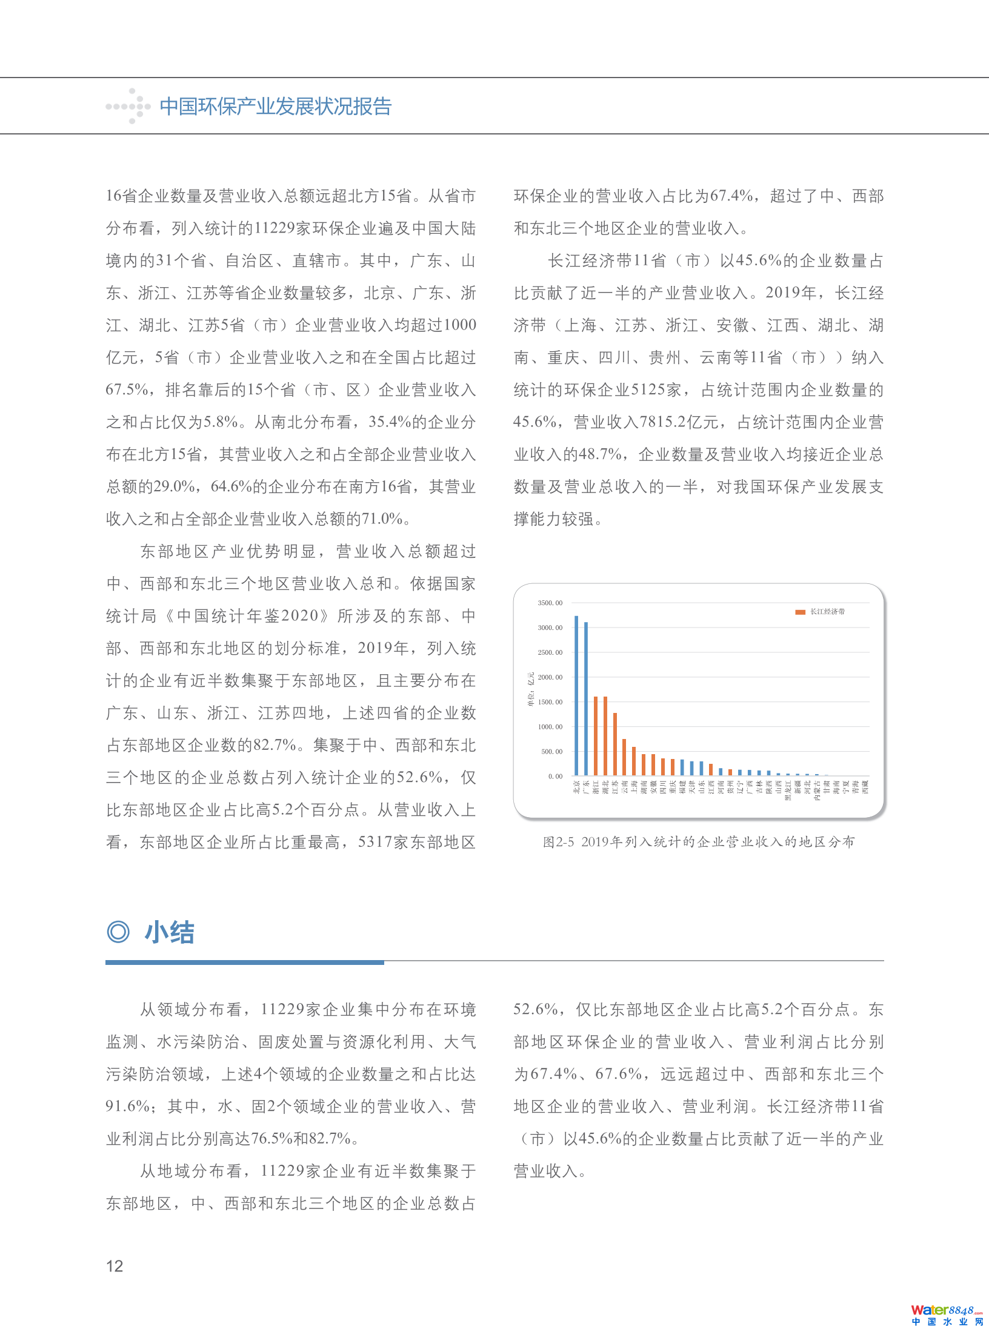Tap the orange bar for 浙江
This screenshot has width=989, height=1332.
tap(596, 736)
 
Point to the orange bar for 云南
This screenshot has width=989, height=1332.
tap(624, 757)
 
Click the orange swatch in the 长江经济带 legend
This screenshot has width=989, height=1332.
tap(800, 612)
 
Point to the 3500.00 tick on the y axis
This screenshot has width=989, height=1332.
tap(550, 603)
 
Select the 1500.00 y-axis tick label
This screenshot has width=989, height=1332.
tap(550, 702)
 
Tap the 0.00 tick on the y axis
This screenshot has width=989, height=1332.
tap(554, 776)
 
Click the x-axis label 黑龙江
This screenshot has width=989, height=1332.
tap(788, 790)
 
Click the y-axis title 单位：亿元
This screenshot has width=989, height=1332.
tap(531, 689)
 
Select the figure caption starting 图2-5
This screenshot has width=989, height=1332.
tap(699, 842)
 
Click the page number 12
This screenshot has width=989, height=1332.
tap(115, 1266)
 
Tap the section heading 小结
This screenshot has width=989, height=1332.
tap(170, 932)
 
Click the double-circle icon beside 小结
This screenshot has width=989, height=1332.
tap(118, 932)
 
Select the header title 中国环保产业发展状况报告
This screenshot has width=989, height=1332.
tap(276, 107)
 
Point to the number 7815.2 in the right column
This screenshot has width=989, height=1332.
tap(669, 422)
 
